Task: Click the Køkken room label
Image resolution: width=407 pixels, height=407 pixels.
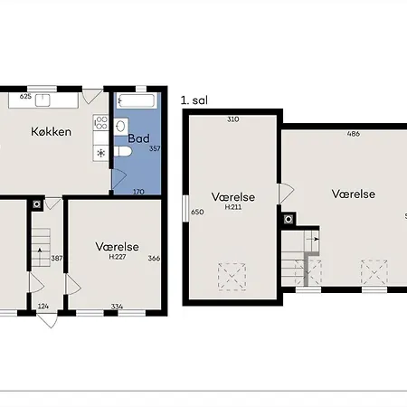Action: coord(52,132)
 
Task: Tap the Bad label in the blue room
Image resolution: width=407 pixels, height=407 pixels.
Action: coord(138,138)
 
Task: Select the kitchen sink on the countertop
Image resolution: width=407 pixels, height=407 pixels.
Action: coord(43,100)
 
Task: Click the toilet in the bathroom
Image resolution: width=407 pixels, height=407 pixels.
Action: coord(123,151)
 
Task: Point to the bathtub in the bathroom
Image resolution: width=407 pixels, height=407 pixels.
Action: coord(137,100)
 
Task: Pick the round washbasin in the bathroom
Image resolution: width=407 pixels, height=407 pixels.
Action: coord(121,127)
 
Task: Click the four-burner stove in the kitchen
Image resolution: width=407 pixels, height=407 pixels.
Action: coord(100,123)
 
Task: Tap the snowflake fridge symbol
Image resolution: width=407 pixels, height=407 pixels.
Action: coord(100,153)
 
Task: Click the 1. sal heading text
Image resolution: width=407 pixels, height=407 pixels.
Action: coord(194,100)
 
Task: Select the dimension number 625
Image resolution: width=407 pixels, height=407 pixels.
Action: coord(25,97)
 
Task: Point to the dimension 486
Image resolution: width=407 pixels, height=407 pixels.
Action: coord(354,134)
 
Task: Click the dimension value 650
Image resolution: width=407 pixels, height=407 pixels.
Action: coord(197,212)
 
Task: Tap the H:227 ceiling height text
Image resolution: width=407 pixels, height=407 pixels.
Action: coord(118,257)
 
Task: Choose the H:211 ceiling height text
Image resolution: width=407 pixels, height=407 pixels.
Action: coord(233,207)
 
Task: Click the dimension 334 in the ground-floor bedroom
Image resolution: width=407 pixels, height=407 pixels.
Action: coord(117,307)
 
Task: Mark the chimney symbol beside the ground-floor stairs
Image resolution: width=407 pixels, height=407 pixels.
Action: coord(37,204)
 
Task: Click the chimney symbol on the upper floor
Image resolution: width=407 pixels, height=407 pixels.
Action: coord(289,219)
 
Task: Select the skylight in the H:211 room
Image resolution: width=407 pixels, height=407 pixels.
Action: coord(232,277)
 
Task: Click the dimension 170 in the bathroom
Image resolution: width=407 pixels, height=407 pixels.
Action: coord(138,192)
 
